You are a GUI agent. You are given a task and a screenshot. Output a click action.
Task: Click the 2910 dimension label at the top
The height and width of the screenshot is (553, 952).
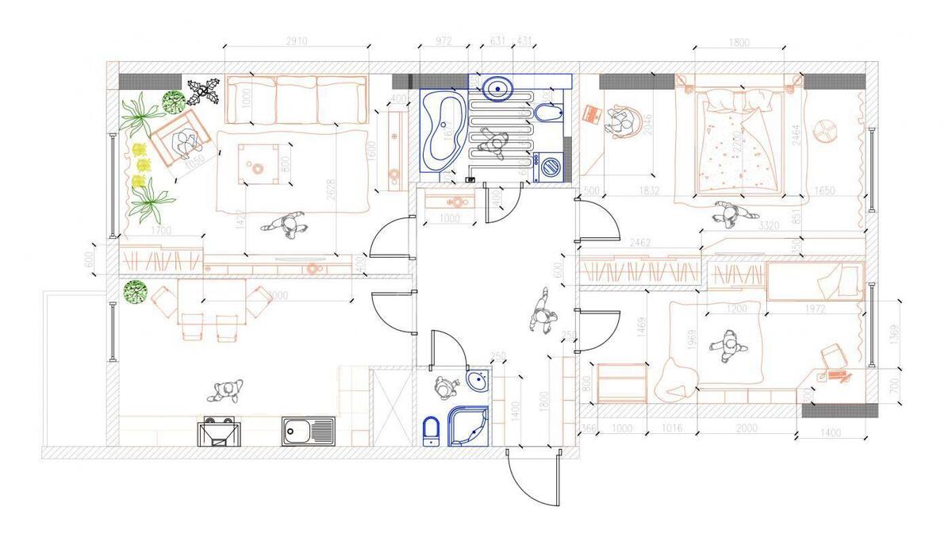click(x=296, y=40)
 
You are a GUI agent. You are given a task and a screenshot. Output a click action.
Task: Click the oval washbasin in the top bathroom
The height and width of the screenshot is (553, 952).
click(x=497, y=87)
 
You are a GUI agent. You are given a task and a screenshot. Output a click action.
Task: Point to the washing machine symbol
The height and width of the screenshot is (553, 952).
click(x=551, y=167)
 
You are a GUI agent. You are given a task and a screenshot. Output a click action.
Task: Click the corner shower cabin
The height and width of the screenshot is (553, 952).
click(x=468, y=425)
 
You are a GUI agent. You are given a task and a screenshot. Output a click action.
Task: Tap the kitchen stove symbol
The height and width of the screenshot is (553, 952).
click(x=219, y=433)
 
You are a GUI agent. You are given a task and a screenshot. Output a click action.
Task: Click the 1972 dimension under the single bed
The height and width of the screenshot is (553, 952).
click(x=814, y=309)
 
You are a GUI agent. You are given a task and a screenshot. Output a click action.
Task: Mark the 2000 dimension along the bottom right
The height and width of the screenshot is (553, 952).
click(x=747, y=428)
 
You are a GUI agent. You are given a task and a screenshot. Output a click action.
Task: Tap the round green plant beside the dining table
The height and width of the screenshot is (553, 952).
click(x=136, y=291)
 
